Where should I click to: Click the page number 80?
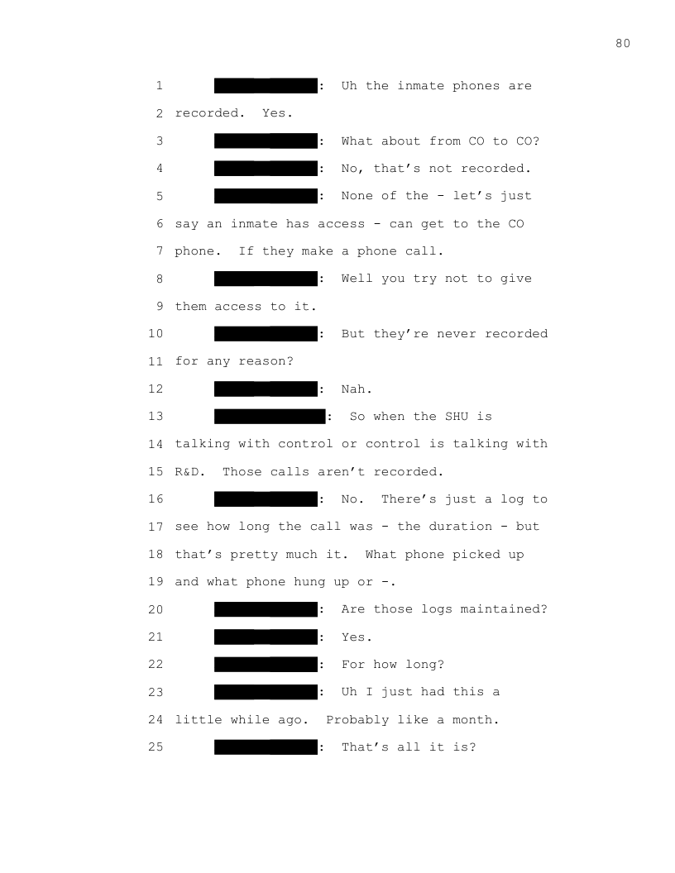click(x=623, y=44)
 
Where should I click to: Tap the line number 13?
click(x=156, y=417)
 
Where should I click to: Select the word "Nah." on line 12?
click(x=357, y=389)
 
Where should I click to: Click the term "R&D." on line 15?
click(x=190, y=472)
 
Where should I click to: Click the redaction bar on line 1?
click(x=266, y=85)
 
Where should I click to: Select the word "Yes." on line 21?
click(x=357, y=637)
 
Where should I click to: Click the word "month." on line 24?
click(x=476, y=720)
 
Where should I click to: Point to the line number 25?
click(x=156, y=747)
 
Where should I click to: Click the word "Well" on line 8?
click(x=357, y=279)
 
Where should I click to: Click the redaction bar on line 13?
click(x=270, y=416)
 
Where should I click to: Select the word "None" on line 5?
click(x=357, y=196)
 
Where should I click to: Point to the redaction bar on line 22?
click(x=266, y=664)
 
